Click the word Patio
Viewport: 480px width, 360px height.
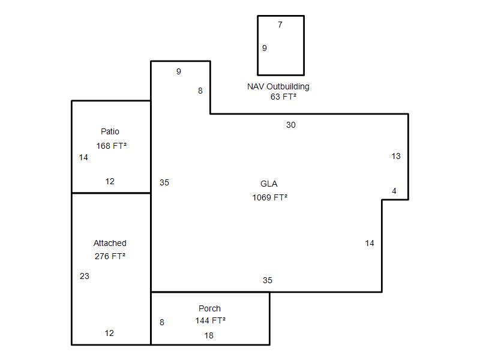tap(110, 131)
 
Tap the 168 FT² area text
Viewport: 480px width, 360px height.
tap(112, 146)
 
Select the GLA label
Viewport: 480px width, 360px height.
tap(269, 184)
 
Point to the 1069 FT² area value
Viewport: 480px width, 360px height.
tap(269, 197)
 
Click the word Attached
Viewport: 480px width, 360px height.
tap(110, 243)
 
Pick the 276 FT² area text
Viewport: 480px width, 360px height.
tap(110, 256)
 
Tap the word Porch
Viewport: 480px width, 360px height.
tap(209, 308)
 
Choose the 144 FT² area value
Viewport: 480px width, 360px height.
tap(211, 320)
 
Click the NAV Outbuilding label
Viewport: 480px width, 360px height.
tap(278, 86)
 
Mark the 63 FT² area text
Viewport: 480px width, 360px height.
tap(283, 97)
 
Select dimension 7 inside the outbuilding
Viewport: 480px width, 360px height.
tap(280, 25)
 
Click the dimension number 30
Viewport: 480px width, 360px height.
tap(291, 125)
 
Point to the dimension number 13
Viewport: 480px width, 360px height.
tap(396, 156)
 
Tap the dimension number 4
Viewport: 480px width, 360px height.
tap(394, 191)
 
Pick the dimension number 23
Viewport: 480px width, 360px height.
tap(85, 276)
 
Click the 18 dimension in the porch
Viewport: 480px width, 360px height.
tap(209, 335)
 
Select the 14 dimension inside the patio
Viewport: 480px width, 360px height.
tap(83, 157)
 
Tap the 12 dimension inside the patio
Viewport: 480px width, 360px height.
tap(110, 181)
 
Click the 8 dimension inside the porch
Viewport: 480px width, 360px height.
tap(162, 322)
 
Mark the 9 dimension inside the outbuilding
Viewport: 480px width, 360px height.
tap(265, 48)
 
